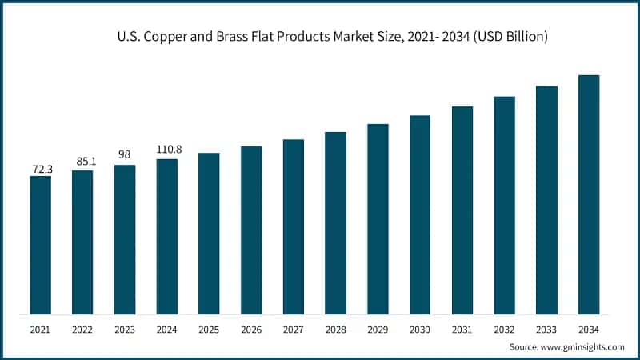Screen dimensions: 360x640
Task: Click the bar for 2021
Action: (x=40, y=244)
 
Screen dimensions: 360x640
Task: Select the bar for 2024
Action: (x=166, y=236)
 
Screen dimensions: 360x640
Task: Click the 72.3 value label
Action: (x=41, y=169)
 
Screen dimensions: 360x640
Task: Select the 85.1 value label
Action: (x=82, y=162)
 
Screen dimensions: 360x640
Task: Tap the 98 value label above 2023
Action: (x=124, y=154)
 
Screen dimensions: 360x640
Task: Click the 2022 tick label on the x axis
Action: (x=82, y=329)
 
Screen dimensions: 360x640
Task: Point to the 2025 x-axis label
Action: (x=209, y=329)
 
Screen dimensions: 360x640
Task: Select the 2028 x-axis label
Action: (x=335, y=329)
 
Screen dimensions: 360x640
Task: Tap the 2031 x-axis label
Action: (x=462, y=329)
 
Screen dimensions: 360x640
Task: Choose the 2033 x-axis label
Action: (x=546, y=329)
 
